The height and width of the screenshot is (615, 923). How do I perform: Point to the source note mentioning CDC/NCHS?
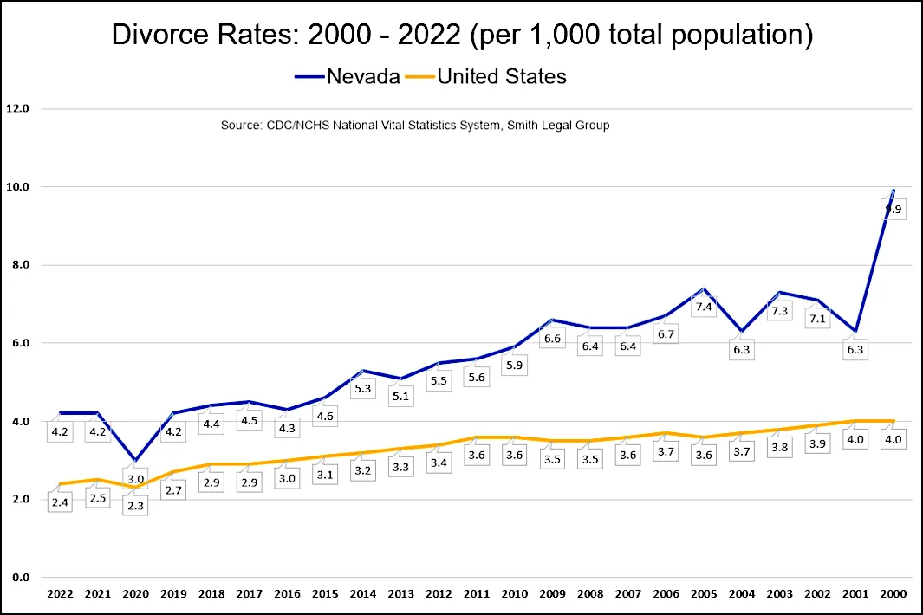[415, 126]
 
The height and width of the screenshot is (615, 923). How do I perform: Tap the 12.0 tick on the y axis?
[18, 109]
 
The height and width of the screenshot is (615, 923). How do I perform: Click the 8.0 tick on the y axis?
[18, 265]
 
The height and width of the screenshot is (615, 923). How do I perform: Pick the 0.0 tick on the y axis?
[18, 578]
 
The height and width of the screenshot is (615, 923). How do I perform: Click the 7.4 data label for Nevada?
[704, 307]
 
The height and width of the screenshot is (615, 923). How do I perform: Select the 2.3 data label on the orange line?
[134, 505]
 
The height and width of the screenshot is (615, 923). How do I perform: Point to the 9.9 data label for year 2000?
[894, 210]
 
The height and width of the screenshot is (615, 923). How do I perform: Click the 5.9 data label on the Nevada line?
[515, 365]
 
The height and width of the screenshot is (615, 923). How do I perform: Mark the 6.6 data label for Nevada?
[552, 338]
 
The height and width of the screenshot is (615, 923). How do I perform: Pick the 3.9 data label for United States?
[818, 443]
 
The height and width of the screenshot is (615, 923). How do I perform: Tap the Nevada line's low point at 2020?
[134, 460]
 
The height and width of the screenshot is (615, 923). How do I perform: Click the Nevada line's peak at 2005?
[704, 288]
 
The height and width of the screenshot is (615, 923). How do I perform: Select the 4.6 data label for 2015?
[324, 416]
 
